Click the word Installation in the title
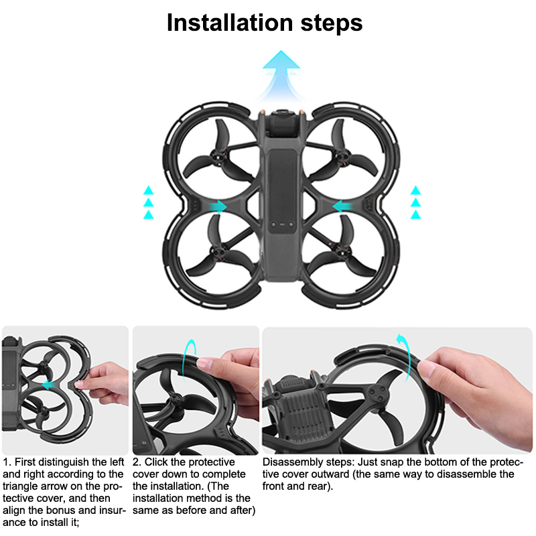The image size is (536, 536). (230, 23)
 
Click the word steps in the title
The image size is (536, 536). (331, 25)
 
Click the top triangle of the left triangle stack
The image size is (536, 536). (148, 190)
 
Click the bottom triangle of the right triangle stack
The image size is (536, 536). (415, 214)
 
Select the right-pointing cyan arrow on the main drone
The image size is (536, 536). (218, 206)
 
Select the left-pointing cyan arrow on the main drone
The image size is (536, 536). (342, 206)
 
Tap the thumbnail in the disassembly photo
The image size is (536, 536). (427, 368)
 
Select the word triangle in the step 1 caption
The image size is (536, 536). (21, 487)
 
